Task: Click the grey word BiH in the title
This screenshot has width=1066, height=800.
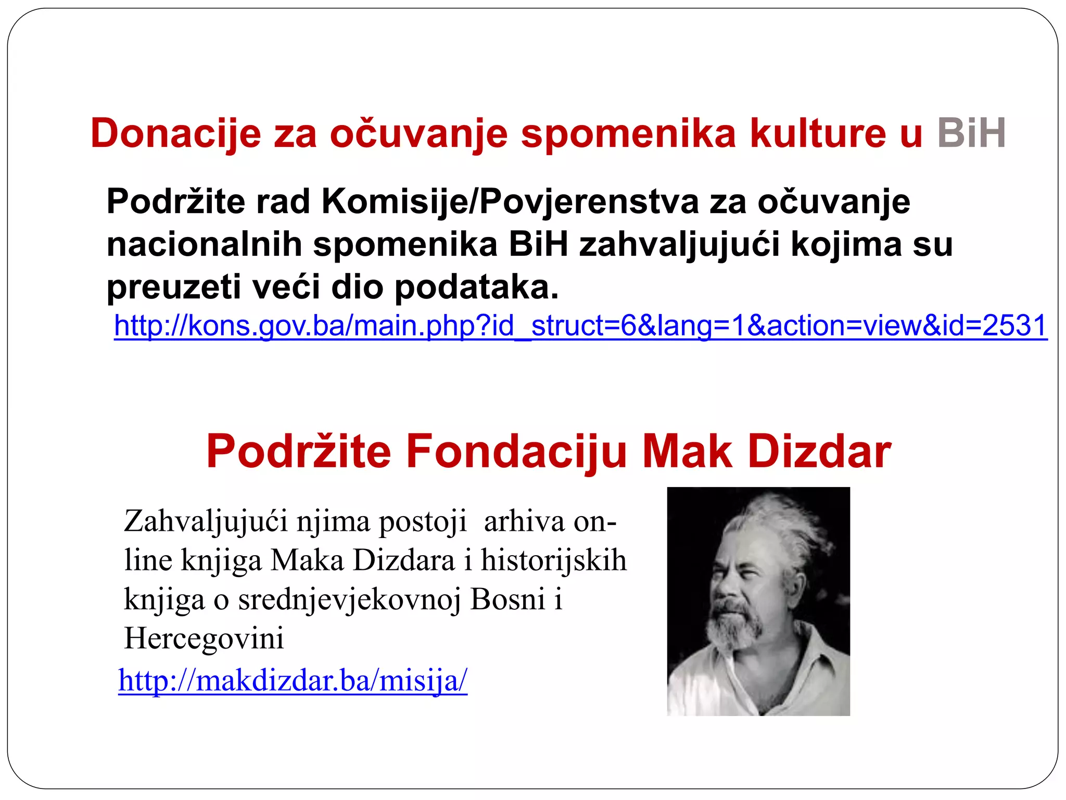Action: (x=971, y=133)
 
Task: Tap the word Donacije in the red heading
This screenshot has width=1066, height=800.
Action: (x=175, y=133)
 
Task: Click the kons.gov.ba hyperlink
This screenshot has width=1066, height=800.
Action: (x=580, y=326)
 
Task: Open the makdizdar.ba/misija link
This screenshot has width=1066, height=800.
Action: (x=293, y=680)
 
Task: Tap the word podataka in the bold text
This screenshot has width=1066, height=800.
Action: (x=476, y=287)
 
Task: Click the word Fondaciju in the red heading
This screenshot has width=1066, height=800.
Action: (x=516, y=452)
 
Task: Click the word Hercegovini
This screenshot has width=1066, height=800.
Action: (x=204, y=639)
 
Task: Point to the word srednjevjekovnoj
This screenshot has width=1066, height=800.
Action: (x=349, y=599)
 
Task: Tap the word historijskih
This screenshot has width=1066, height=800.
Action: (x=553, y=560)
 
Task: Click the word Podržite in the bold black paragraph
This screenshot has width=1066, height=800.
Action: (x=175, y=202)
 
